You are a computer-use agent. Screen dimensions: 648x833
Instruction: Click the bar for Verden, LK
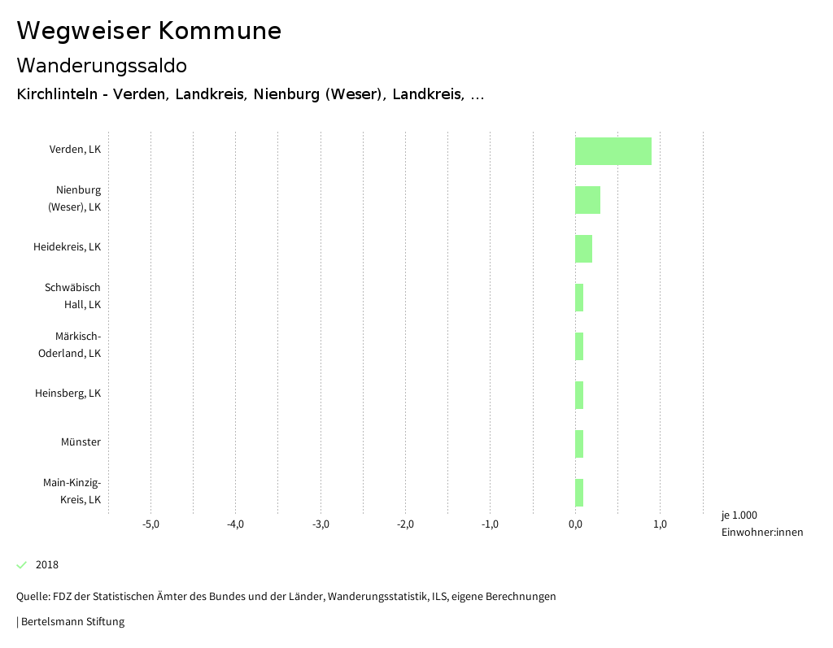pyautogui.click(x=613, y=151)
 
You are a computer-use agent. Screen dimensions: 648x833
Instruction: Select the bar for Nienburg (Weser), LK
pyautogui.click(x=587, y=200)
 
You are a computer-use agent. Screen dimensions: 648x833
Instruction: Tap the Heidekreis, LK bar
pyautogui.click(x=583, y=249)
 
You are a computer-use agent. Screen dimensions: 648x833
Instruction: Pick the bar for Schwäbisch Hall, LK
pyautogui.click(x=579, y=298)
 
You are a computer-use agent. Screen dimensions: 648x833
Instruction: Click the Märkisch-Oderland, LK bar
pyautogui.click(x=579, y=346)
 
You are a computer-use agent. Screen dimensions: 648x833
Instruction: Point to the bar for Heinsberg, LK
pyautogui.click(x=579, y=395)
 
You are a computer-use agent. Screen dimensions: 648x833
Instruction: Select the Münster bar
pyautogui.click(x=579, y=444)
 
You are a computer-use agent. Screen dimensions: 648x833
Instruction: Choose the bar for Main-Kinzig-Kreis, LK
pyautogui.click(x=579, y=493)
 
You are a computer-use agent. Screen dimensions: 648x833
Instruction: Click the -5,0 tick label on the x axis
pyautogui.click(x=150, y=524)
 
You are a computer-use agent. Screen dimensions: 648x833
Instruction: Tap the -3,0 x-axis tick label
pyautogui.click(x=321, y=524)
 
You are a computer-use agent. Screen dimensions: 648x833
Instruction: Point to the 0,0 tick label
pyautogui.click(x=575, y=524)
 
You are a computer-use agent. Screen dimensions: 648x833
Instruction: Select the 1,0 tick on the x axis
pyautogui.click(x=660, y=524)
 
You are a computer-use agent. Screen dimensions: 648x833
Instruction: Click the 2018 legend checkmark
pyautogui.click(x=22, y=565)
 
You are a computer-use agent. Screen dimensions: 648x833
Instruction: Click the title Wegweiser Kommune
pyautogui.click(x=149, y=31)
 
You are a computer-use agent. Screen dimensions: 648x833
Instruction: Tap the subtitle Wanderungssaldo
pyautogui.click(x=102, y=65)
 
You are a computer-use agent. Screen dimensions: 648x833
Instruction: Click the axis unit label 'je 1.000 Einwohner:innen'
pyautogui.click(x=761, y=524)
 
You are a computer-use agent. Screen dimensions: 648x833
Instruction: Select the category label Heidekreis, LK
pyautogui.click(x=68, y=247)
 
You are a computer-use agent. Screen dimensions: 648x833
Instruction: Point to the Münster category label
pyautogui.click(x=81, y=442)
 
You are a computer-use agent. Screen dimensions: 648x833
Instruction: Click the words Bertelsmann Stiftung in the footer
pyautogui.click(x=72, y=622)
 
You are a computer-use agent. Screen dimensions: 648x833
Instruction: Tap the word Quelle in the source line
pyautogui.click(x=32, y=597)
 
